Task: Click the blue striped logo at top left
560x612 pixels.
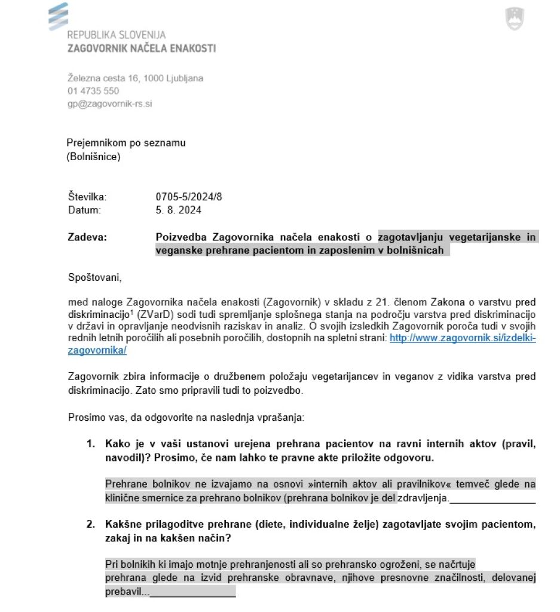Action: [58, 16]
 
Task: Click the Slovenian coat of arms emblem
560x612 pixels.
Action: [514, 19]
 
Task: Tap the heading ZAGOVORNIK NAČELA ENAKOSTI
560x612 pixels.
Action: [142, 48]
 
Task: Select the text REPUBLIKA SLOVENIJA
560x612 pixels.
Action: [117, 35]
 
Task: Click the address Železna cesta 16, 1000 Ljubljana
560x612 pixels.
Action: [135, 78]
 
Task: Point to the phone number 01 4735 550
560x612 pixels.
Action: [93, 91]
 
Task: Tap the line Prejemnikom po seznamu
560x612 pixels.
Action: [126, 143]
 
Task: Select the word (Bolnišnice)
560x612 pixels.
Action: [94, 157]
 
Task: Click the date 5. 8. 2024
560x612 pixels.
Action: [179, 210]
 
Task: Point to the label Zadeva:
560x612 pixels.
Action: [87, 237]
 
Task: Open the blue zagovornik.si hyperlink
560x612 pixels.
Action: [463, 338]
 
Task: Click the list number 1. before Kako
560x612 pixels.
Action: [91, 444]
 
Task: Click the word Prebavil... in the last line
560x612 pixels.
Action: [127, 592]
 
